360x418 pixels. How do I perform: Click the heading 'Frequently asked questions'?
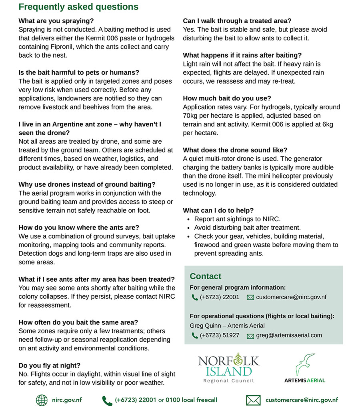tap(78, 7)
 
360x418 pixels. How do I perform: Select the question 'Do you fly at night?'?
tap(50, 365)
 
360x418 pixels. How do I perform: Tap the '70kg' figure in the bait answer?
tap(191, 116)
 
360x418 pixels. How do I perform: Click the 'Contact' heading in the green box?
tap(205, 276)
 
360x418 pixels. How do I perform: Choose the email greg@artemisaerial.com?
tap(289, 336)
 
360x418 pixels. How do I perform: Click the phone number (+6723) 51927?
tap(219, 336)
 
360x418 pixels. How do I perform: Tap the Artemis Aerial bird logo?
tap(305, 365)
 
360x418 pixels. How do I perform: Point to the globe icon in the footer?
tap(42, 400)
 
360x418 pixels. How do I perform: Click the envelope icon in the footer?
tap(253, 400)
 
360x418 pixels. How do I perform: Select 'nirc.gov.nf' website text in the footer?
tap(67, 400)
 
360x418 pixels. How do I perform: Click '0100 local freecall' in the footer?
tap(191, 400)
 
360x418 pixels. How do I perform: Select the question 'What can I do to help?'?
tap(218, 210)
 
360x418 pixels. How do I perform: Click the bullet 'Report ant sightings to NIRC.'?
tap(237, 219)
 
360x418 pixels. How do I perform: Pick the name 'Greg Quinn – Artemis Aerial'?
tap(227, 326)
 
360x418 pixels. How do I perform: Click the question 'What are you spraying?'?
tap(56, 21)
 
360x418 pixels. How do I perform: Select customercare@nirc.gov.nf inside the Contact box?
tap(291, 297)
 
